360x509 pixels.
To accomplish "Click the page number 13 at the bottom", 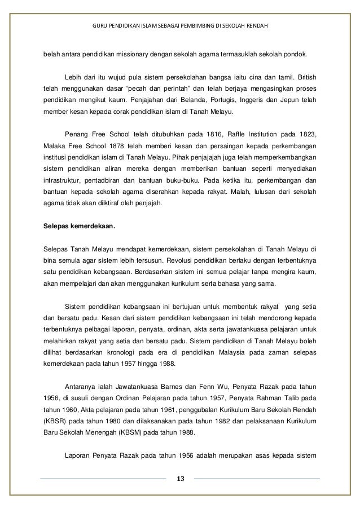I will click(x=180, y=479).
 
